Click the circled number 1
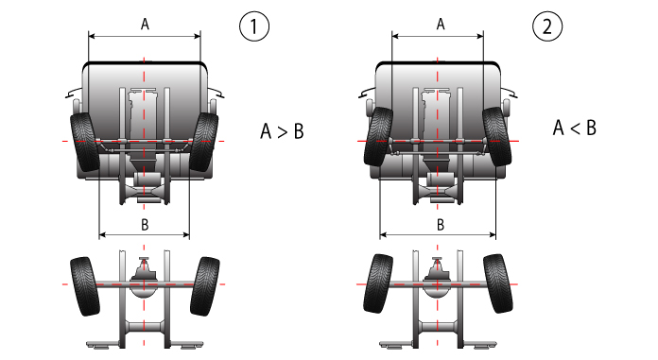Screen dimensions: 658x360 254,26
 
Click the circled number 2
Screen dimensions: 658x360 547,26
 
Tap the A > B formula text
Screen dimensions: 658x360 282,131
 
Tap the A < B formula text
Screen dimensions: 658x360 575,128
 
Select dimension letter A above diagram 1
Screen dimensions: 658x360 145,25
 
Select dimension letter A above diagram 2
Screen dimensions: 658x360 441,25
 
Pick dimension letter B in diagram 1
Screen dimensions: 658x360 145,225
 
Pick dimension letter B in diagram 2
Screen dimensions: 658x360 441,225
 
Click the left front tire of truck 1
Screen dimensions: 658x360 85,142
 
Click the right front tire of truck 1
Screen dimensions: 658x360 204,142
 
